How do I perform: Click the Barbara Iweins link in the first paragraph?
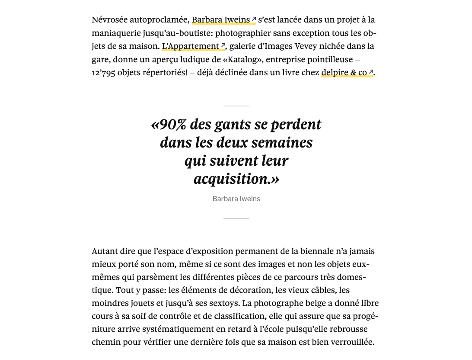click(221, 20)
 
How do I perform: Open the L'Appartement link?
click(191, 46)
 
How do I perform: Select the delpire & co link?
click(344, 73)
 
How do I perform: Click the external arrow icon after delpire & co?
click(371, 72)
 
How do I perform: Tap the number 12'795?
click(103, 73)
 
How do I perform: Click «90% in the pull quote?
click(169, 125)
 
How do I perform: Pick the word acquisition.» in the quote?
click(236, 179)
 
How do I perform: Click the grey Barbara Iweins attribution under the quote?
click(236, 199)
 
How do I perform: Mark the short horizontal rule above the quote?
click(236, 106)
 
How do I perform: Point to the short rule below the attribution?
click(236, 219)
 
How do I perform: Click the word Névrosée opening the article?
click(109, 20)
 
